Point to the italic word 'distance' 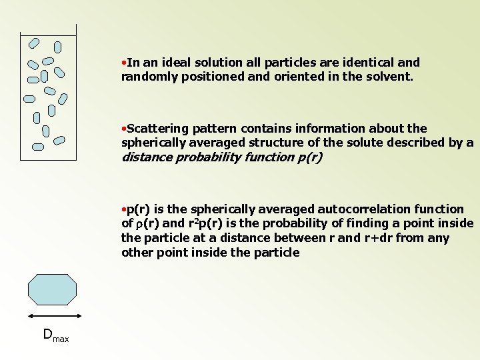tap(145, 157)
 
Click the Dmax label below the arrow tap(55, 335)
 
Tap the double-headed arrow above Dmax tap(52, 315)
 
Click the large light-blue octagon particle tap(52, 289)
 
